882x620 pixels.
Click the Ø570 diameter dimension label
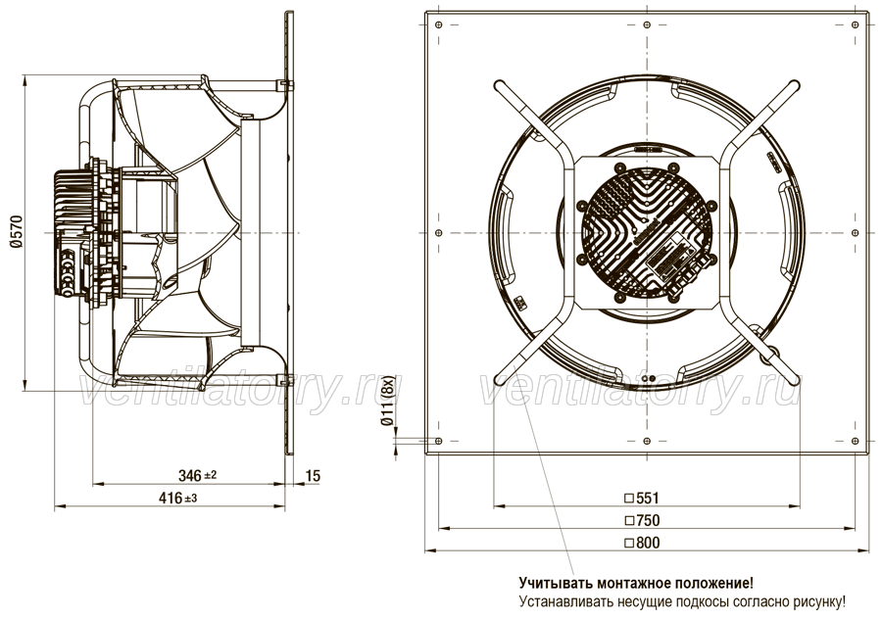coord(15,231)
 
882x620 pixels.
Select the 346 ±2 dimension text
coord(197,476)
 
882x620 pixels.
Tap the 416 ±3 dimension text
coord(177,498)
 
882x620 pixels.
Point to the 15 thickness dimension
coord(313,476)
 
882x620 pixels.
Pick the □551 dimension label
coord(642,498)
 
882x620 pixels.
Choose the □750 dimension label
coord(642,520)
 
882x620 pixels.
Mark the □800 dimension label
coord(642,543)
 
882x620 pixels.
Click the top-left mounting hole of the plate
coord(439,24)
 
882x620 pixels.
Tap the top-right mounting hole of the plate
coord(856,24)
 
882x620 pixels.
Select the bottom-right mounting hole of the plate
coord(856,441)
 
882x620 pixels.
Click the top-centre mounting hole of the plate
coord(647,24)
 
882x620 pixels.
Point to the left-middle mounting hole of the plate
coord(439,232)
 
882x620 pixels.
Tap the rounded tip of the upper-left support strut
coord(498,85)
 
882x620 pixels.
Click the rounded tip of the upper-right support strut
coord(795,85)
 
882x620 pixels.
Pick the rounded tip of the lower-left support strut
coord(499,380)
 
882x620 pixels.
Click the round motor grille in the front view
coord(647,232)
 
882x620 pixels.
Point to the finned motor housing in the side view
coord(70,232)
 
